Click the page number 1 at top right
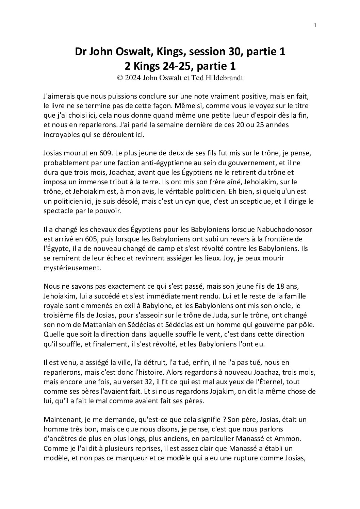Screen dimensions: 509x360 (x=315, y=25)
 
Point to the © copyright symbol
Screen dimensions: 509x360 (x=120, y=78)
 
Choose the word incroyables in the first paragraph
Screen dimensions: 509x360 (x=61, y=135)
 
